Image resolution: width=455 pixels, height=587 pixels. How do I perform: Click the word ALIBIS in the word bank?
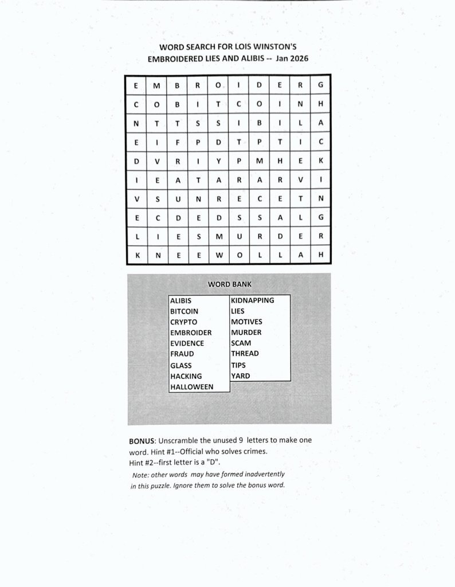point(181,300)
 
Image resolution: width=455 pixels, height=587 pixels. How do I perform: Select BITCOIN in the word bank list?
point(184,311)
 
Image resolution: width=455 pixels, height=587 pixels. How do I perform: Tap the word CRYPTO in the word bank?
point(183,322)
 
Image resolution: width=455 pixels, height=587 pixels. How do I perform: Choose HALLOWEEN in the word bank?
point(191,387)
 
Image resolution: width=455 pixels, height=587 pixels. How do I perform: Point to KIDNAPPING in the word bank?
point(252,300)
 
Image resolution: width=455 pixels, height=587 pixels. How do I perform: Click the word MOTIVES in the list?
point(246,322)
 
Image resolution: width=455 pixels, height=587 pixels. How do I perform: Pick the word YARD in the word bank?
point(240,376)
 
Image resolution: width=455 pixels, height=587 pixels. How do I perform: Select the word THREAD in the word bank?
point(245,354)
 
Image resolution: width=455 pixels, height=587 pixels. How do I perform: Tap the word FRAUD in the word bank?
point(182,354)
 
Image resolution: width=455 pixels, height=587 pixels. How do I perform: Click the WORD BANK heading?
point(229,284)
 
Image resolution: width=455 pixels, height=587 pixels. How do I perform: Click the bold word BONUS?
point(141,441)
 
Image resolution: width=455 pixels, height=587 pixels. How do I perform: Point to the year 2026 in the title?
point(301,58)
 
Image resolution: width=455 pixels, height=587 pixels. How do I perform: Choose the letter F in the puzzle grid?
point(178,142)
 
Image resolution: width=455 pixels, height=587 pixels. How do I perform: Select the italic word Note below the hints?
point(140,475)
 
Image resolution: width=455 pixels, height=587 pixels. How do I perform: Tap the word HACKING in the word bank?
point(186,376)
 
